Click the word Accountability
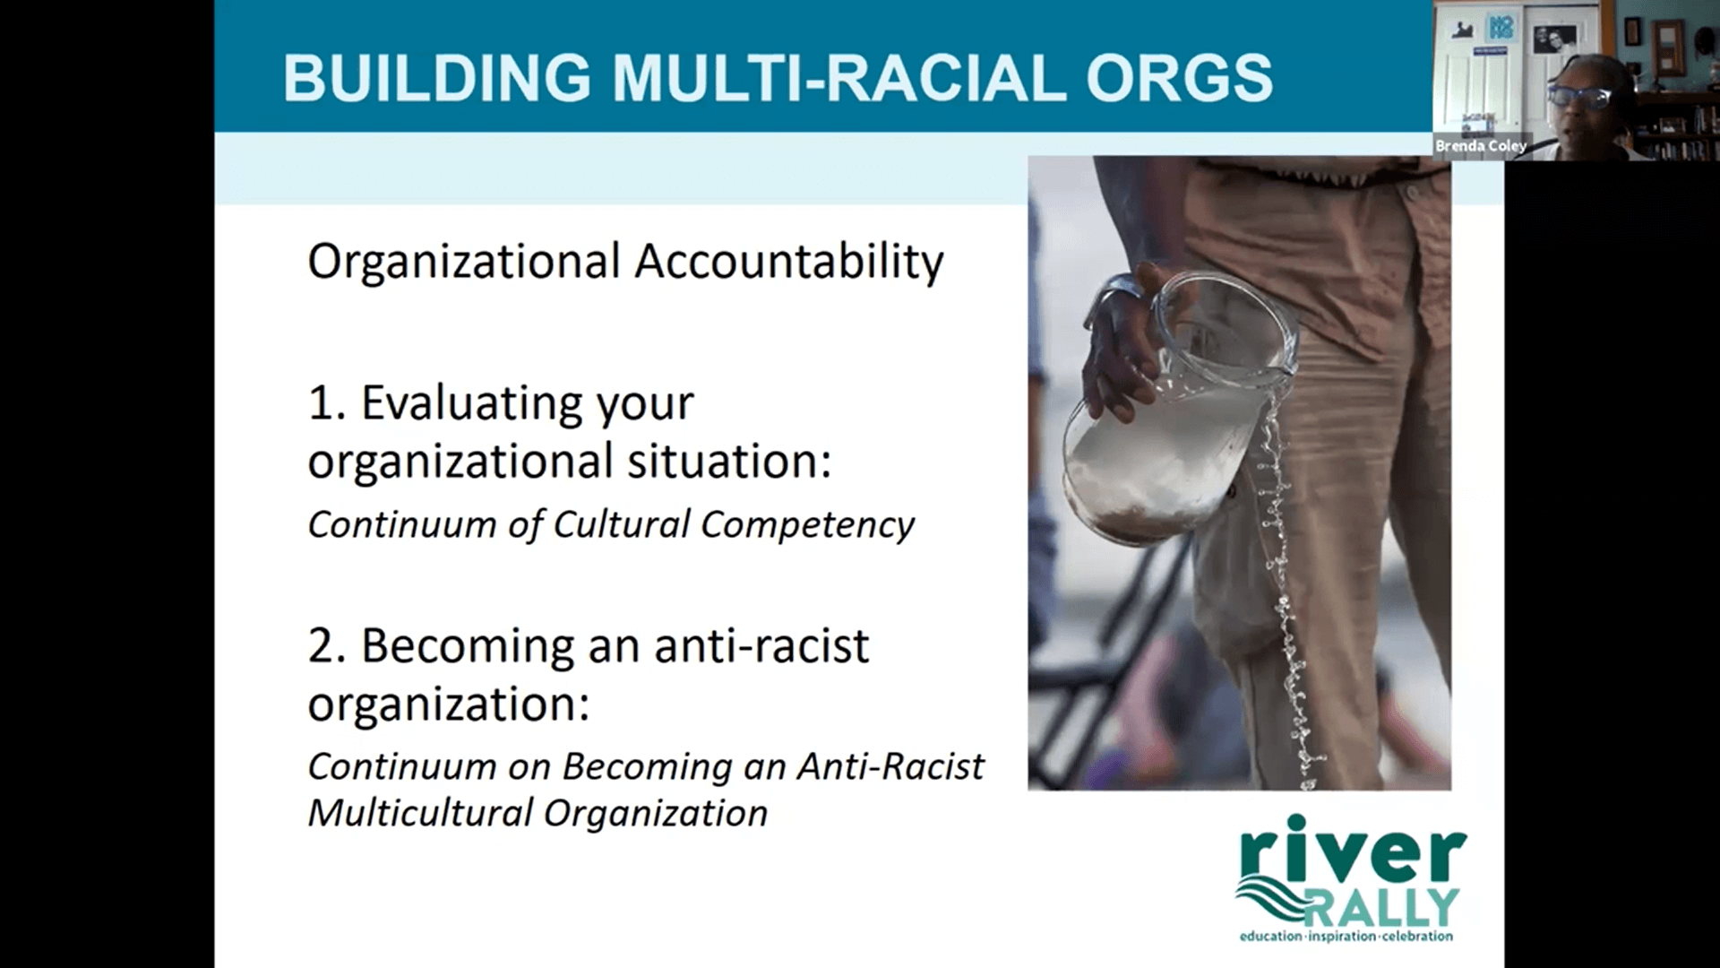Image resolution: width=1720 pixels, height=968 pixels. pos(789,263)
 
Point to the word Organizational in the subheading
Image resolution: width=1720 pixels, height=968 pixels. pos(464,263)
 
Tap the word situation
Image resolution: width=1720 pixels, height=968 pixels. pos(729,462)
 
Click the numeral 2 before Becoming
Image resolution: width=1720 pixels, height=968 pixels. pos(322,646)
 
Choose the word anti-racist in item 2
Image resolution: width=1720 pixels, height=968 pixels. pos(761,646)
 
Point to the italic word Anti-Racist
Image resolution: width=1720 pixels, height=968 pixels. pos(890,766)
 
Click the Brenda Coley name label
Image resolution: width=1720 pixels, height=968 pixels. pos(1481,145)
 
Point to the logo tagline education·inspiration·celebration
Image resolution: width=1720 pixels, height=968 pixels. pos(1346,937)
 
